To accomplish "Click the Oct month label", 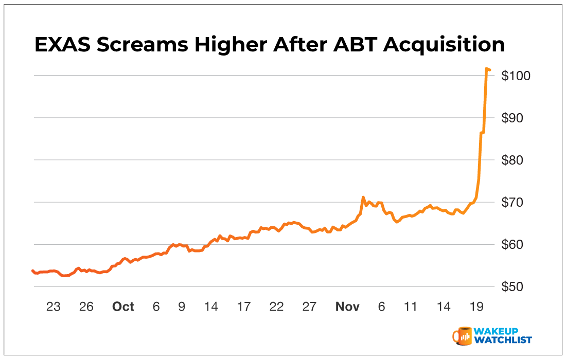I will (123, 307).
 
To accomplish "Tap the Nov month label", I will (347, 307).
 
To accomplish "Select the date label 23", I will (54, 307).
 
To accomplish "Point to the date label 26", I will (86, 307).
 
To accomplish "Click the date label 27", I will (309, 307).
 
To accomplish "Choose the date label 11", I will (410, 307).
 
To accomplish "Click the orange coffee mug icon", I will (463, 335).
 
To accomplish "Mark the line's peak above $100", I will (487, 68).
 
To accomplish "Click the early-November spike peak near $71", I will (363, 197).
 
